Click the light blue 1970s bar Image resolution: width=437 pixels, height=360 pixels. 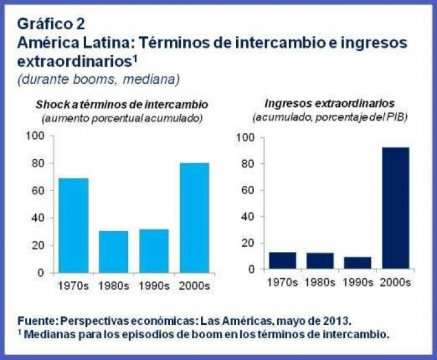click(73, 225)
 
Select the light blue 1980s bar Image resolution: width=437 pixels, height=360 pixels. click(113, 251)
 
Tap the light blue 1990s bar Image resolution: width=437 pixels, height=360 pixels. click(154, 251)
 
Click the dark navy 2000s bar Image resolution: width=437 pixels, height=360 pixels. click(395, 208)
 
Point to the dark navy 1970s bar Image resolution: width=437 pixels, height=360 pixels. click(282, 260)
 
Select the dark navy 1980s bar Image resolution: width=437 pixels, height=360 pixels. click(319, 260)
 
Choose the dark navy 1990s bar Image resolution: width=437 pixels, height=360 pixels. click(357, 262)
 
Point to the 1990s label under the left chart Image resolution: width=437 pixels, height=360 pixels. click(154, 285)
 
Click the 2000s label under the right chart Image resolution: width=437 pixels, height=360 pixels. click(395, 282)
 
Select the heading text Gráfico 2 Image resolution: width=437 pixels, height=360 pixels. click(51, 24)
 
